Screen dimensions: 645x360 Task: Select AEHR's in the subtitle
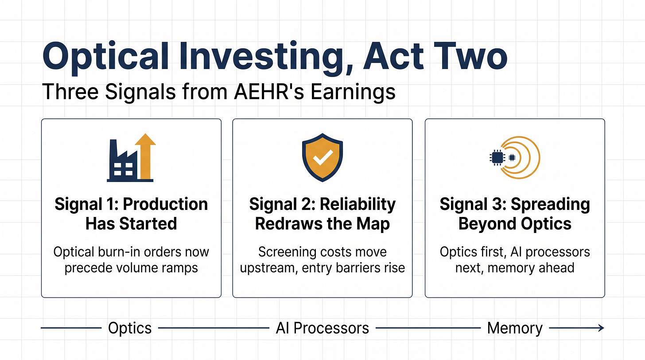(x=269, y=92)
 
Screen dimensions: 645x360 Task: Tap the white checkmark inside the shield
(x=323, y=157)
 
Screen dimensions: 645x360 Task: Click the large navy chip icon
(x=497, y=158)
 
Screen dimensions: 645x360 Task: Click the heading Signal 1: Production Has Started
(x=131, y=214)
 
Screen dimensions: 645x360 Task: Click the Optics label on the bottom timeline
(x=130, y=328)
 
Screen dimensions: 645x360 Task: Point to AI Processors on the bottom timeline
(x=322, y=328)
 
